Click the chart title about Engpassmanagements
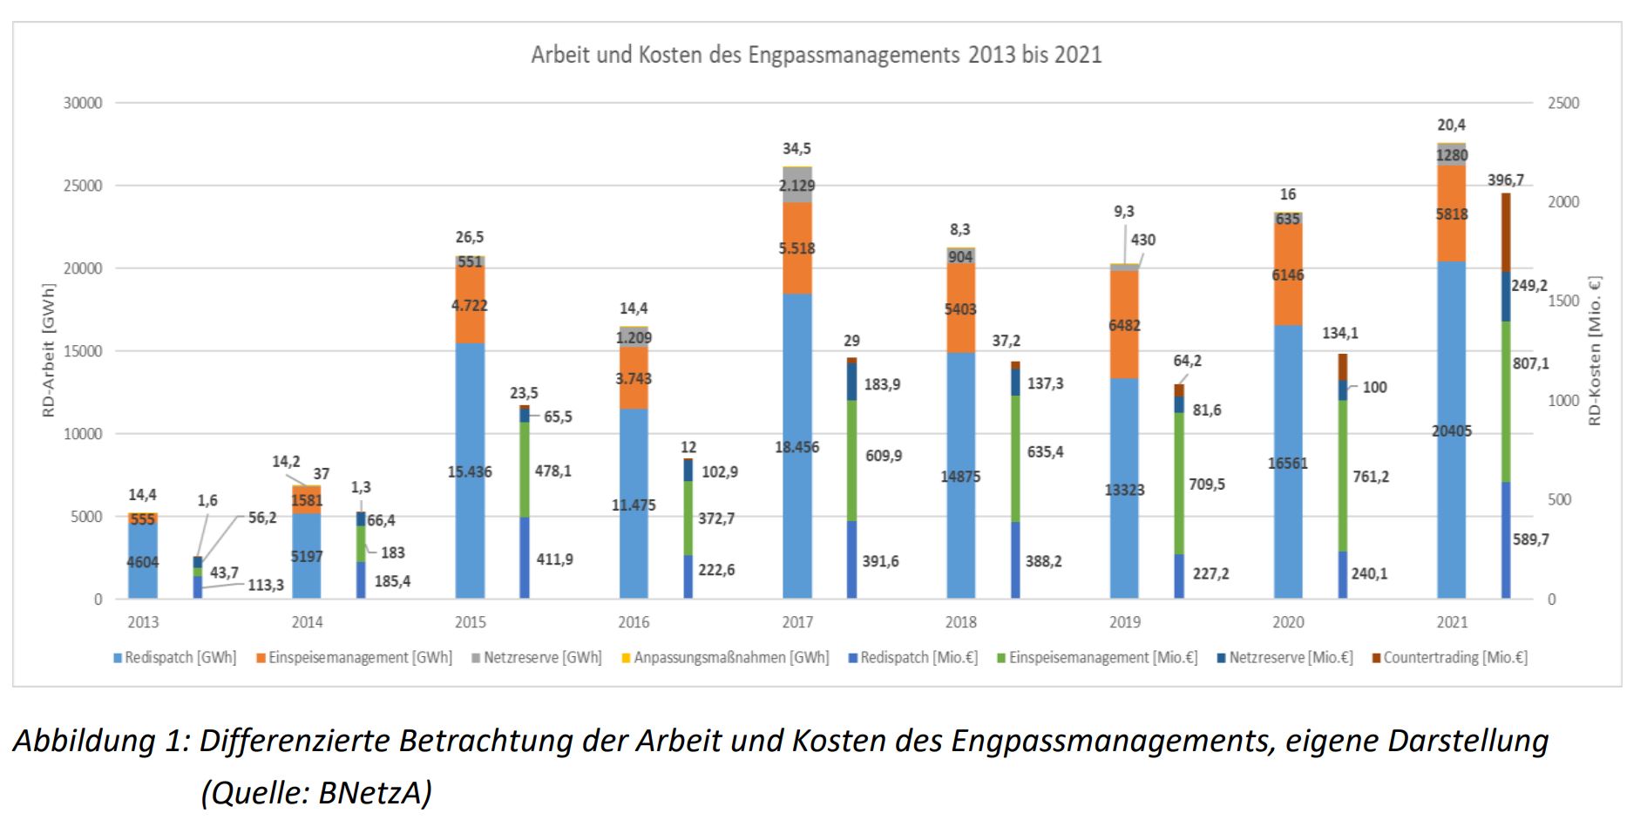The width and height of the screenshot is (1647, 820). [x=817, y=55]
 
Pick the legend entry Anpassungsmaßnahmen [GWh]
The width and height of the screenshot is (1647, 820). [x=730, y=658]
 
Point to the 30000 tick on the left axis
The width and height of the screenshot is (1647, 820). [x=83, y=103]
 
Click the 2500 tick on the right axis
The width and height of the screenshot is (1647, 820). [x=1563, y=103]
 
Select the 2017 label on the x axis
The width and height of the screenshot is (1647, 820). [x=797, y=622]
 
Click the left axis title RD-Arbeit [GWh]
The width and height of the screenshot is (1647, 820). [x=49, y=350]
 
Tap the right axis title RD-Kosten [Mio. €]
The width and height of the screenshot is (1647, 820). [x=1595, y=350]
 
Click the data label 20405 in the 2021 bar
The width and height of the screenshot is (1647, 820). [x=1452, y=431]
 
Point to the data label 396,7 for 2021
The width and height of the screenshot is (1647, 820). [x=1506, y=180]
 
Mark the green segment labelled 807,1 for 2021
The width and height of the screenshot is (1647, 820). [x=1506, y=401]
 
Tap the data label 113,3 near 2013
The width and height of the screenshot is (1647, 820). [x=266, y=585]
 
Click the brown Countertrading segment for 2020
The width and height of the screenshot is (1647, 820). [x=1343, y=367]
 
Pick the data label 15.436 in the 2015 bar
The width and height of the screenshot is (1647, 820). [x=470, y=471]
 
